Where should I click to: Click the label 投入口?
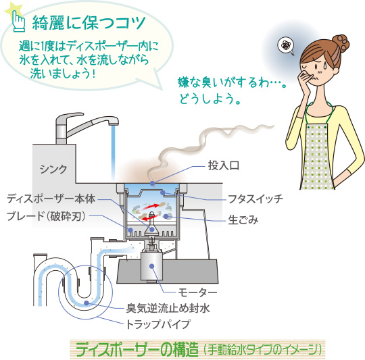coord(224,165)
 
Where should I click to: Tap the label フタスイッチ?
coord(255,199)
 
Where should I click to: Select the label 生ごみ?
coord(243,220)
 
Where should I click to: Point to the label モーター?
coord(197,292)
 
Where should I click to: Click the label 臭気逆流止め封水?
coord(168,309)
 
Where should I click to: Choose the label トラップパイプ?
coord(158,324)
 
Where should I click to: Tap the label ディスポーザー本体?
coord(51,199)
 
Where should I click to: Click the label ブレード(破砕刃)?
coord(46,216)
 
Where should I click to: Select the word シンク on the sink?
coord(53,169)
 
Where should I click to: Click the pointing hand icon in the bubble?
coord(18,21)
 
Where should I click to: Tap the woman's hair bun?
coord(340,43)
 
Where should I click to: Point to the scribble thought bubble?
coord(286,46)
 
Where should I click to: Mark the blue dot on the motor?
coord(152,265)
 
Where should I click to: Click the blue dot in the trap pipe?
coord(87,303)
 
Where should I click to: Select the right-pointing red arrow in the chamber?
coord(151,206)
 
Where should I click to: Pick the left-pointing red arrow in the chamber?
coord(149,218)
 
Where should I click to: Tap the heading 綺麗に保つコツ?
coord(89,23)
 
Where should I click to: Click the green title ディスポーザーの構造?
coord(137,349)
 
